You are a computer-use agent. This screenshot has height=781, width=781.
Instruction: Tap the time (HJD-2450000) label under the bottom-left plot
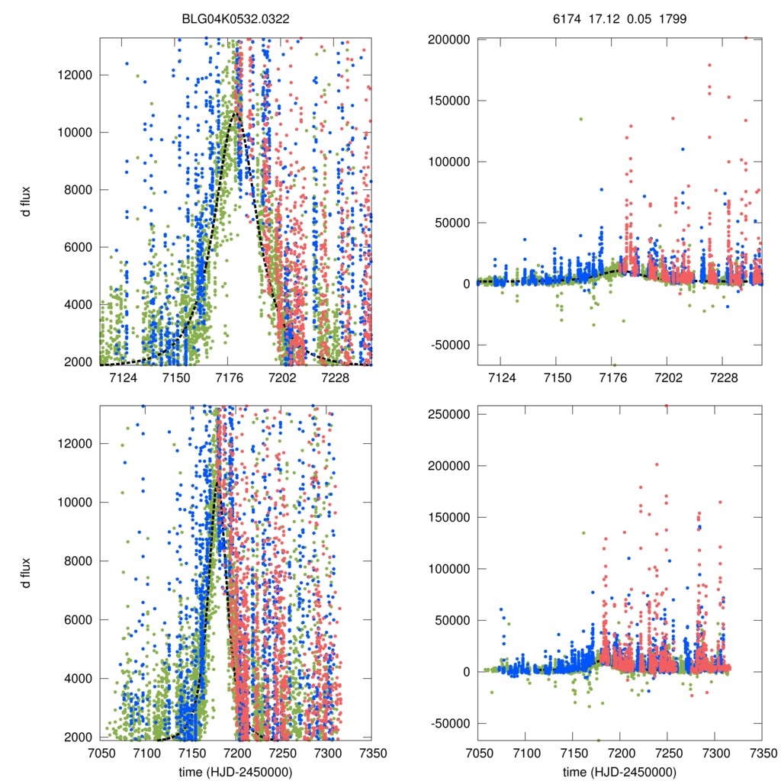point(235,772)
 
